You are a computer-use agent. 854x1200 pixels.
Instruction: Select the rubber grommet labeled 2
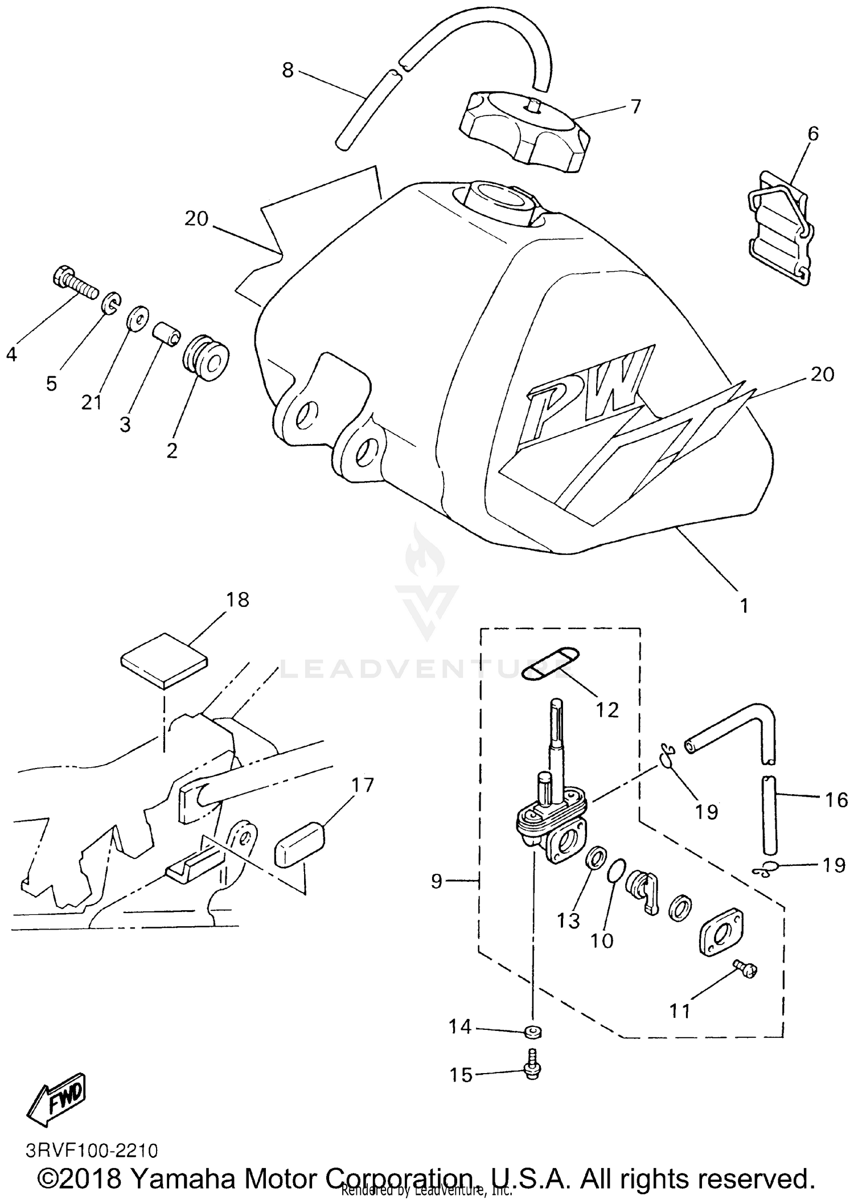206,358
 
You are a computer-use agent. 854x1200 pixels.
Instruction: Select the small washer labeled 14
533,1031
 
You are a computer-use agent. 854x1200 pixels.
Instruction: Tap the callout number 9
437,881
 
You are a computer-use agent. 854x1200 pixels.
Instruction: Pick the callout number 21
91,402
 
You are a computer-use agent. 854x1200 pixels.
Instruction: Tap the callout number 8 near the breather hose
288,70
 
